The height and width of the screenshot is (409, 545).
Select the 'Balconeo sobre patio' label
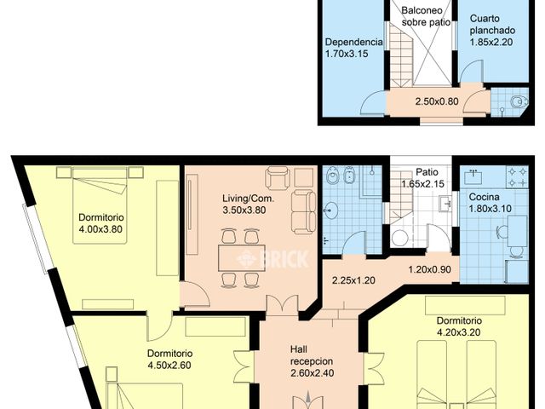pyautogui.click(x=425, y=16)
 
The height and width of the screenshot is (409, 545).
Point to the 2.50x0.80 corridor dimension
pyautogui.click(x=437, y=102)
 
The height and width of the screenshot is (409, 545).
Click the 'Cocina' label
pyautogui.click(x=485, y=196)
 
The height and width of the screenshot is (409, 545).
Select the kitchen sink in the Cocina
pyautogui.click(x=474, y=177)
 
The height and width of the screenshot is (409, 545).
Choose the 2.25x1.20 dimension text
pyautogui.click(x=354, y=279)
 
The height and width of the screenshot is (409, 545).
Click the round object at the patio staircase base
pyautogui.click(x=399, y=239)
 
